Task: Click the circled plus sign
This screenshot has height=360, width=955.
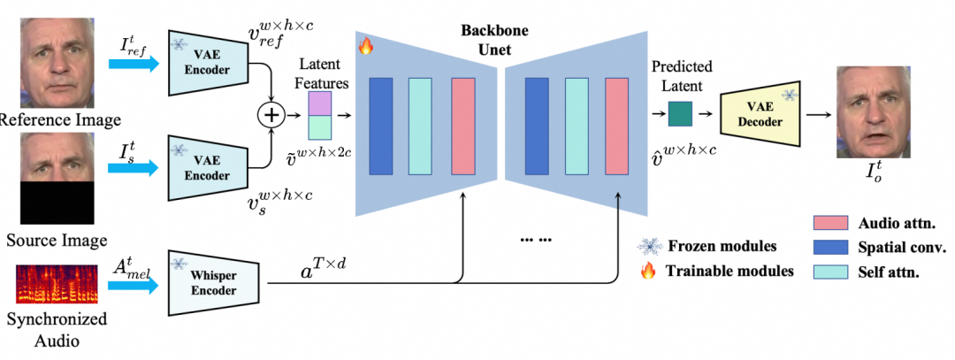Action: [x=271, y=115]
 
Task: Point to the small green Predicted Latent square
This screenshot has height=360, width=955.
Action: [x=680, y=113]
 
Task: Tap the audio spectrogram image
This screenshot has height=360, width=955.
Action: [x=56, y=282]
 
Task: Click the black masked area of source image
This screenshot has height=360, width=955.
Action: [x=56, y=202]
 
